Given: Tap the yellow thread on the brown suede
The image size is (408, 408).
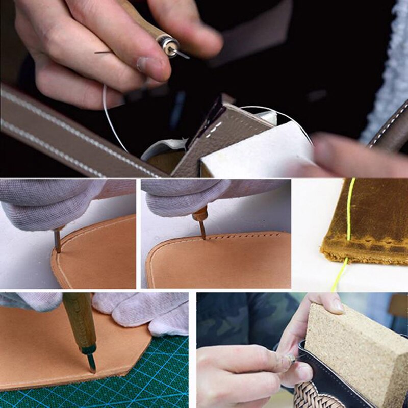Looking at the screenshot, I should [x=349, y=219].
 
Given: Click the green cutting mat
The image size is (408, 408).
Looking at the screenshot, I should [x=153, y=377].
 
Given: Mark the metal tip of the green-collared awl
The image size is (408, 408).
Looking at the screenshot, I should [x=92, y=364].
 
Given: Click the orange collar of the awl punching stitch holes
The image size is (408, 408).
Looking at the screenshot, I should [x=200, y=215].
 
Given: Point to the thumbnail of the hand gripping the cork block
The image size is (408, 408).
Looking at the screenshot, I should [x=338, y=305].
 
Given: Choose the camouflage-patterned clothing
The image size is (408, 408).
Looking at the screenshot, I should [x=240, y=316].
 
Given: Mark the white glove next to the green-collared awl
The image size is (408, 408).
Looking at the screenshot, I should [x=138, y=311].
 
